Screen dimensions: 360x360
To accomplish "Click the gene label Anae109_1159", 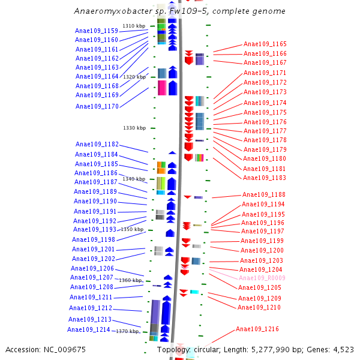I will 96,31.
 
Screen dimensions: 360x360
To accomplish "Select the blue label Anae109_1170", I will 97,106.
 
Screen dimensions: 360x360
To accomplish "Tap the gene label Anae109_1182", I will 97,144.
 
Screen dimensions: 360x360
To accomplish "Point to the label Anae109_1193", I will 95,229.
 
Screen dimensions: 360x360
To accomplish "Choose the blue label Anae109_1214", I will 88,329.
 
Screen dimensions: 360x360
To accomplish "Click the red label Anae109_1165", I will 265,44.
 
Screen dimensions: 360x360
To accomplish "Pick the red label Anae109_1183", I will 264,178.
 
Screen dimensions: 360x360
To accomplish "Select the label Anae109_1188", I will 263,194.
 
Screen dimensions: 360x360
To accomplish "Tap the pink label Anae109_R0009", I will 262,278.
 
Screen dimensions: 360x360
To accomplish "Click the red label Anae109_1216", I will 257,329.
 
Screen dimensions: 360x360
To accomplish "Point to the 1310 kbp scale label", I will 134,26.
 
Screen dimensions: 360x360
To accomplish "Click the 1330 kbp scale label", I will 134,128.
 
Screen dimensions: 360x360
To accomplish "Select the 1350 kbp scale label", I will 132,229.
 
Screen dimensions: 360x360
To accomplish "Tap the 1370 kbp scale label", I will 127,331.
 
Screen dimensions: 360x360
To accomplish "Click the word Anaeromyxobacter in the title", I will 108,11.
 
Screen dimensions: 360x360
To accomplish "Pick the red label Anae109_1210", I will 259,307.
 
